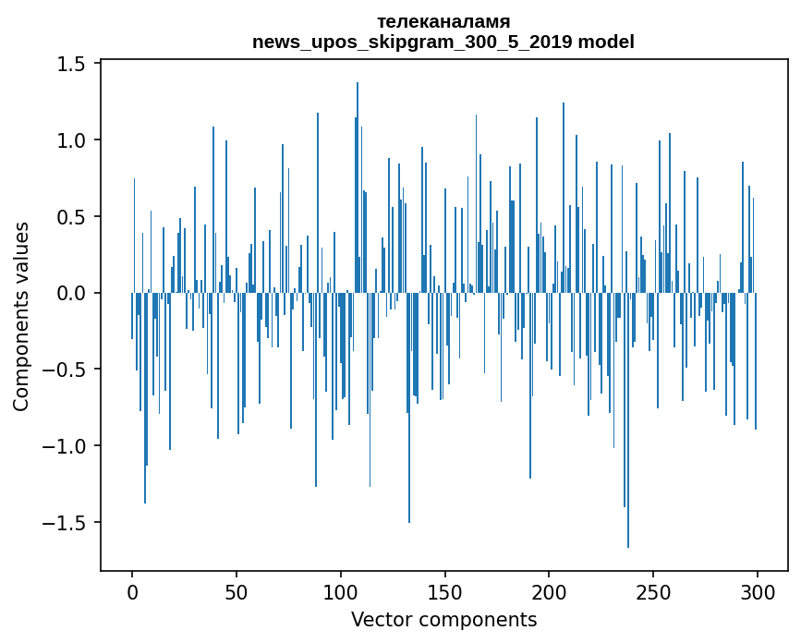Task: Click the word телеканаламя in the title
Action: (443, 21)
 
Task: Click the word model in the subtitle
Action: (608, 42)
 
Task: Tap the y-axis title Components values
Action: (21, 316)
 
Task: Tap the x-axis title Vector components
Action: (443, 619)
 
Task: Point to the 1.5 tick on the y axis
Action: (73, 64)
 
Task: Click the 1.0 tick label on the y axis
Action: (73, 140)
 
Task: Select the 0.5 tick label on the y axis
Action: (73, 217)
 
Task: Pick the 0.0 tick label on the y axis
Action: (73, 294)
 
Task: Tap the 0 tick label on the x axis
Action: (132, 591)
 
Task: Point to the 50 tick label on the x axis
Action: (237, 591)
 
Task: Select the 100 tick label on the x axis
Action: (341, 591)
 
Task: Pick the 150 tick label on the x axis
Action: (445, 591)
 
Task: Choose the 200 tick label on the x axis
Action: (549, 591)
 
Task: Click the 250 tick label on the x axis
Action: (653, 591)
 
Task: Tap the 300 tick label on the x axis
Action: (758, 591)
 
